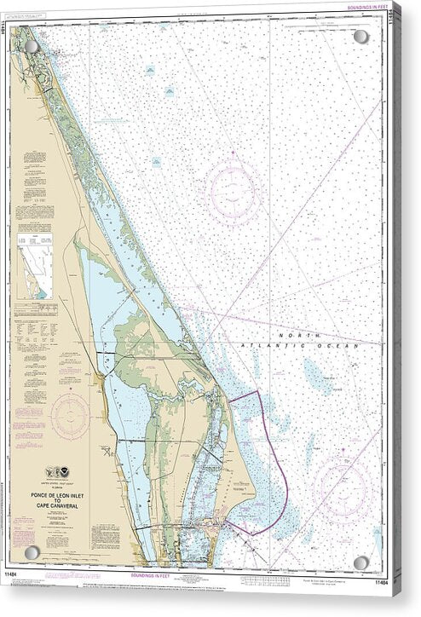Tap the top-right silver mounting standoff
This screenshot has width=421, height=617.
(x=361, y=37)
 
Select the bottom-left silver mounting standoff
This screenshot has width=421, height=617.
(x=32, y=552)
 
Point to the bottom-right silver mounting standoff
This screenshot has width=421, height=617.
(x=361, y=562)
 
